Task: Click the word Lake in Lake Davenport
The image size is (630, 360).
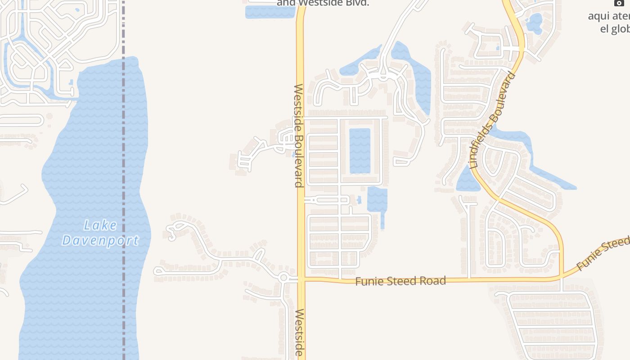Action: pos(100,225)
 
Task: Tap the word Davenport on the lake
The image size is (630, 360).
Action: pos(100,240)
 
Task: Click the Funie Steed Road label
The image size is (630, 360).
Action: pos(400,281)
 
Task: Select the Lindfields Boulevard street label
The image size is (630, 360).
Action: pos(492,120)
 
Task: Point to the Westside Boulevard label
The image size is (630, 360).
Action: pos(298,135)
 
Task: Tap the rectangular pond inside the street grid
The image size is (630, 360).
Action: pos(360,151)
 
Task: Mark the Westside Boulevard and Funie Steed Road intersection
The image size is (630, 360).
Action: pos(301,279)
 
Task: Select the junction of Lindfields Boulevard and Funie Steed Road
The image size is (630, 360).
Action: pos(562,278)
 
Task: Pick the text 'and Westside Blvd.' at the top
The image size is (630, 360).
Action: pos(323,3)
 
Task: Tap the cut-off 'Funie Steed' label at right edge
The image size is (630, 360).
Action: pos(603,254)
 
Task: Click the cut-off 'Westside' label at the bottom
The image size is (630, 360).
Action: pos(300,333)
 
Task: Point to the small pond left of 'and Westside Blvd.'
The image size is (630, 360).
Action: pos(269,12)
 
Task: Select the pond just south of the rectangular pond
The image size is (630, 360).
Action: pos(377,199)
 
